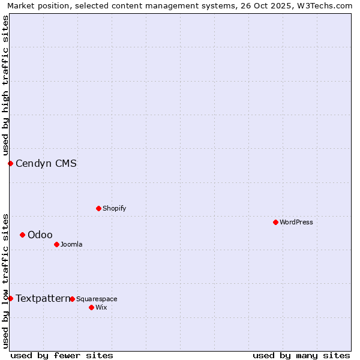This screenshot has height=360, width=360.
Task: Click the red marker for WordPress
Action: [x=275, y=222]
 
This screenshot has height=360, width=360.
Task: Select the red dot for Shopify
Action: [x=98, y=208]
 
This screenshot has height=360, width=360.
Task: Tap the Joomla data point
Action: [x=56, y=244]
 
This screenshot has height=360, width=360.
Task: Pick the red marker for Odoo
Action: [x=22, y=235]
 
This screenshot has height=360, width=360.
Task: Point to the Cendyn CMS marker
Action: [x=10, y=163]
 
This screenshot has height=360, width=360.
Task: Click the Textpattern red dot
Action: [x=10, y=298]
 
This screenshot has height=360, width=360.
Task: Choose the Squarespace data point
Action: [x=72, y=299]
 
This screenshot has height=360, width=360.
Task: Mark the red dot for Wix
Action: [x=91, y=307]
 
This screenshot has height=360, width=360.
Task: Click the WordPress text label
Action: [x=296, y=222]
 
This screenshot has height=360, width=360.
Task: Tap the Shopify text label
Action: [x=115, y=208]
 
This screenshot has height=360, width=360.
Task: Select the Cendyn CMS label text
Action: [x=46, y=163]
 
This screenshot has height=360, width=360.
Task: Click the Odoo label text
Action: [x=40, y=235]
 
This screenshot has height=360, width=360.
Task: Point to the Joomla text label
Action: [x=71, y=244]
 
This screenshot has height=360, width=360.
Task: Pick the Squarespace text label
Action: [x=97, y=299]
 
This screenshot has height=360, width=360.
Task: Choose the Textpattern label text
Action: [x=42, y=298]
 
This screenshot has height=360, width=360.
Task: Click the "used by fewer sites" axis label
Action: [x=62, y=355]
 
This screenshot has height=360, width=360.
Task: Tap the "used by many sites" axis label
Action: [x=301, y=355]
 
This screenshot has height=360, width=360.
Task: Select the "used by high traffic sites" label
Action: [x=5, y=85]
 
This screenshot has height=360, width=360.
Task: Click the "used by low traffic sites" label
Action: [x=5, y=281]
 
